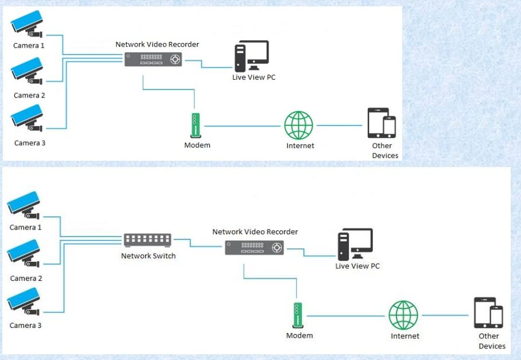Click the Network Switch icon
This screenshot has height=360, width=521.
pos(147,240)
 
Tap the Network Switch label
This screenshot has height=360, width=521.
pos(148,256)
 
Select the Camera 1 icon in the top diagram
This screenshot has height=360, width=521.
pos(27,24)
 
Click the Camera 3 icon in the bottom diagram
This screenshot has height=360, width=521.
pos(24,301)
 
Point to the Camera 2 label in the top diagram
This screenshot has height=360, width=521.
pos(29,95)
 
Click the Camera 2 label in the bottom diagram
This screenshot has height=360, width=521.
pos(26,278)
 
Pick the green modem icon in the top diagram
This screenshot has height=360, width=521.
pos(196,125)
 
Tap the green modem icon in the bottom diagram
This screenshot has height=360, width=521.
pos(298,315)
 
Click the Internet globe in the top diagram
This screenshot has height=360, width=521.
pos(298,125)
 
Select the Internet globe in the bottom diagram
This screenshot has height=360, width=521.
pos(403,315)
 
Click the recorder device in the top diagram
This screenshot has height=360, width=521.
pos(153,59)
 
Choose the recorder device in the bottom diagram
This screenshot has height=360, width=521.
pos(255,247)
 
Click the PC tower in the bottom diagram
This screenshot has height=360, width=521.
pos(344,246)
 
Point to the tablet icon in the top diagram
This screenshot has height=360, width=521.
pos(378,123)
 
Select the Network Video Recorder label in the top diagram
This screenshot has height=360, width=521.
pos(157,45)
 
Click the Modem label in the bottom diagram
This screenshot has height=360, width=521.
pos(300,335)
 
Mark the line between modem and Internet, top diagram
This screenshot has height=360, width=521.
pos(242,126)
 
